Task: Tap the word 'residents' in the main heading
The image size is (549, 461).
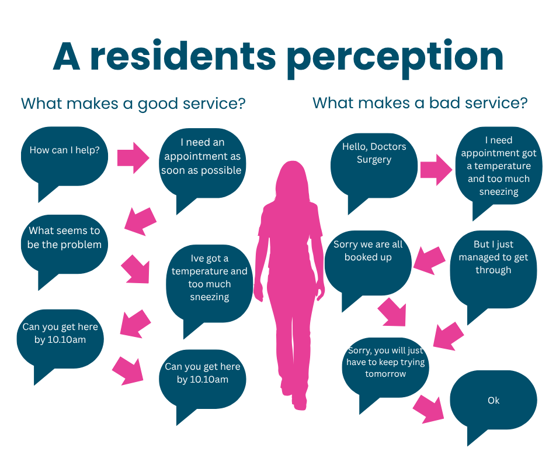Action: pos(183,56)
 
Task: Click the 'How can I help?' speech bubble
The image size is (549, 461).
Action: pos(64,158)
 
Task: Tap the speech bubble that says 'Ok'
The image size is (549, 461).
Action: pos(494,402)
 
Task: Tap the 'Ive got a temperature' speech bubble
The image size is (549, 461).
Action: pos(209,284)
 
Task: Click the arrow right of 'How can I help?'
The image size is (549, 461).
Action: pos(133,158)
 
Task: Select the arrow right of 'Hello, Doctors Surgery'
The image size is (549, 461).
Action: pos(436,170)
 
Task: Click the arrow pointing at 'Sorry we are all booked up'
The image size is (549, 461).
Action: pos(429,260)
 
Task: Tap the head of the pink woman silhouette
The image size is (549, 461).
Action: pos(293,179)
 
